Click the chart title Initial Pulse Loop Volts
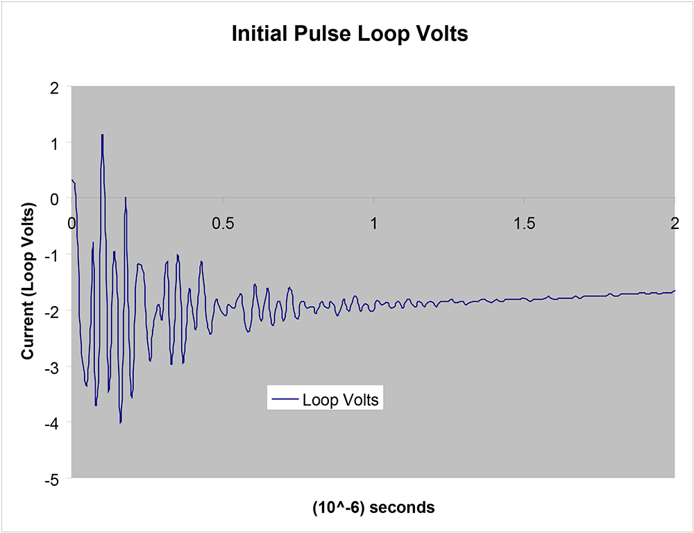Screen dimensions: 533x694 [350, 34]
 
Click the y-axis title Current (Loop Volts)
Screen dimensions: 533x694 [28, 282]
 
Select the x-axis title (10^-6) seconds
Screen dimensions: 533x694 [373, 507]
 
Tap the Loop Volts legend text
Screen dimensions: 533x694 [339, 400]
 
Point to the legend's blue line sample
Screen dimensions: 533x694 [285, 400]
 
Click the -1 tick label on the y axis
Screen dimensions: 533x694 [51, 255]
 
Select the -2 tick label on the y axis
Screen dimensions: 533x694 [51, 310]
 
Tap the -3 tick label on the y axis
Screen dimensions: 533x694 [51, 366]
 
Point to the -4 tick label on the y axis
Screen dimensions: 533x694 [51, 423]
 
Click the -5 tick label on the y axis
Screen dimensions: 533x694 [51, 478]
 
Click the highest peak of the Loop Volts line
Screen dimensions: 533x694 [102, 135]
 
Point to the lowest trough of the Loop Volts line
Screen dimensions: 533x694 [120, 422]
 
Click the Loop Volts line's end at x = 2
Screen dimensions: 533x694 [674, 291]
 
